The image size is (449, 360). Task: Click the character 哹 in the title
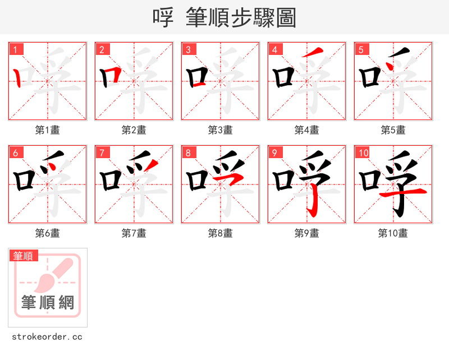(163, 18)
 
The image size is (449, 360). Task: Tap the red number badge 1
(16, 50)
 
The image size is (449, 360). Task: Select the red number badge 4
(275, 50)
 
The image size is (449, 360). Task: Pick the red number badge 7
(102, 153)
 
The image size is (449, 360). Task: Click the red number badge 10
(363, 153)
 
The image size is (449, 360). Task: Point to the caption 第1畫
(48, 130)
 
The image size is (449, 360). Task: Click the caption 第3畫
(221, 130)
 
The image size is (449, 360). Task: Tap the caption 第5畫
(393, 130)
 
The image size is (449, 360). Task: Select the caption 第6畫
(48, 233)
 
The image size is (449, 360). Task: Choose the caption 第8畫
(221, 233)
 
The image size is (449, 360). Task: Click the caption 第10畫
(393, 233)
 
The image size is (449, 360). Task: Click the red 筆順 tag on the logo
(24, 256)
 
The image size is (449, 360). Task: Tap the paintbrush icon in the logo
(56, 275)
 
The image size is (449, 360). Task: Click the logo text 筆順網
(48, 303)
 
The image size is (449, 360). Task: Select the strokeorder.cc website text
(48, 337)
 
